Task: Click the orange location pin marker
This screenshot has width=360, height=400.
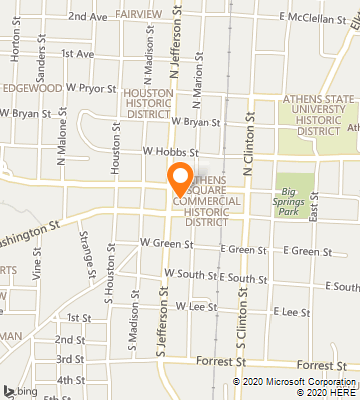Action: (180, 177)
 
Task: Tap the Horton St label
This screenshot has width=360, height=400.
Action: (15, 51)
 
